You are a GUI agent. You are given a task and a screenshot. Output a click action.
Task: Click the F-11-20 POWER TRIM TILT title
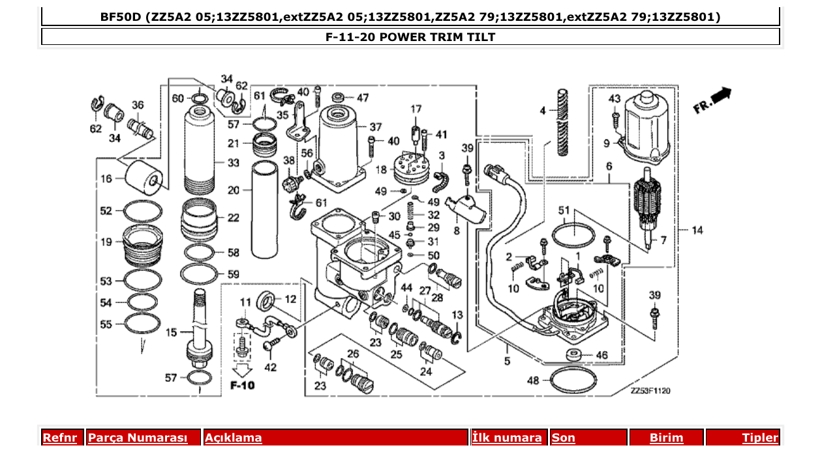click(410, 37)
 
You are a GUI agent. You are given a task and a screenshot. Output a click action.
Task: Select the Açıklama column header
click(234, 438)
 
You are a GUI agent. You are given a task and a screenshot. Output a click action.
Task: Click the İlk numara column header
click(506, 438)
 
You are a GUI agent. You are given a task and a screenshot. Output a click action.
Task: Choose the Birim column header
click(666, 438)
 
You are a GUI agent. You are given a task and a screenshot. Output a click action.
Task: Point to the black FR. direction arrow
click(721, 96)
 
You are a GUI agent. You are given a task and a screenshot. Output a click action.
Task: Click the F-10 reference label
click(242, 385)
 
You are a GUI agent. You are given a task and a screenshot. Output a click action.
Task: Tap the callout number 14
click(697, 230)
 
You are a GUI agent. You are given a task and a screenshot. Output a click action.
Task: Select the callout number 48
click(533, 380)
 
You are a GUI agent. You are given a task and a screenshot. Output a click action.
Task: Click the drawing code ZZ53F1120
click(650, 391)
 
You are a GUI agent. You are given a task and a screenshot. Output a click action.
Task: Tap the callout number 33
click(233, 162)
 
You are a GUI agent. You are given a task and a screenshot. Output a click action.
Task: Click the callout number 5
click(507, 361)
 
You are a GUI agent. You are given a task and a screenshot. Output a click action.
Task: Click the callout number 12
click(290, 299)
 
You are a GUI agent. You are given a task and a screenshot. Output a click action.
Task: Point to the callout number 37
click(375, 127)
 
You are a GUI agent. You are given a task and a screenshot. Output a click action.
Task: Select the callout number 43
click(614, 99)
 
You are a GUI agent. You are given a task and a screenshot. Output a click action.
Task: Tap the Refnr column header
click(60, 438)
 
